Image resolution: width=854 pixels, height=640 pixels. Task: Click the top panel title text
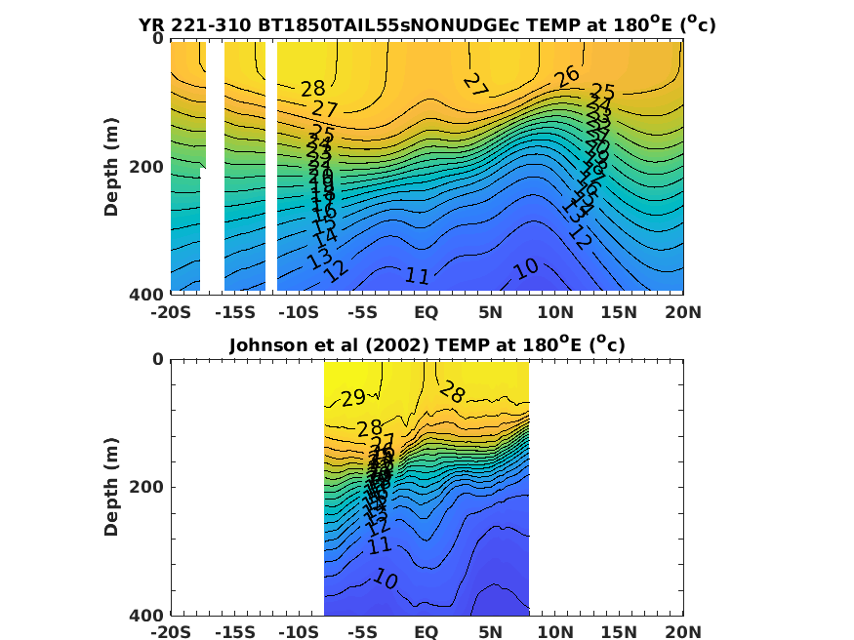(x=427, y=25)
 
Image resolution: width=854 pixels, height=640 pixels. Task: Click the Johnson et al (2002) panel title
(x=427, y=344)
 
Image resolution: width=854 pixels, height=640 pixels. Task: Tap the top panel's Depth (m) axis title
(x=111, y=168)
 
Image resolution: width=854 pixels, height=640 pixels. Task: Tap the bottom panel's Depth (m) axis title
(x=111, y=487)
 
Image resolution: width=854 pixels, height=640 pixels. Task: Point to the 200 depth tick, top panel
(x=148, y=167)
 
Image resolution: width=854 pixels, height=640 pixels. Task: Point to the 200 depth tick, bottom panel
(x=148, y=487)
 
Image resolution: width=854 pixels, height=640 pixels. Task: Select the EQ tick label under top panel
(x=427, y=312)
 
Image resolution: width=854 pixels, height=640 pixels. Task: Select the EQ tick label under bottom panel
(x=427, y=632)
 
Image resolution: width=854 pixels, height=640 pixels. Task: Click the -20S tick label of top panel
(x=171, y=312)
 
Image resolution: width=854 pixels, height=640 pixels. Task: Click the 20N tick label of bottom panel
(x=682, y=632)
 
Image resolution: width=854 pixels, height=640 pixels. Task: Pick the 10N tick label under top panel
(x=554, y=312)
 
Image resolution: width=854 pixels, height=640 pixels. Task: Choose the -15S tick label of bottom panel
(x=235, y=632)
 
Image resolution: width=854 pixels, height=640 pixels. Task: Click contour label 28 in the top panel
(x=312, y=90)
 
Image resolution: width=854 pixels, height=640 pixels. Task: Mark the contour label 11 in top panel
(x=417, y=276)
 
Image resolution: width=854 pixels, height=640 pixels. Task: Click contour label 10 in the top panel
(x=526, y=268)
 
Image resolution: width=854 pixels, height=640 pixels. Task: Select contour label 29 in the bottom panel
(x=352, y=398)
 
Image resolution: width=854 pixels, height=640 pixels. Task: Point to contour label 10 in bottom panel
(x=386, y=580)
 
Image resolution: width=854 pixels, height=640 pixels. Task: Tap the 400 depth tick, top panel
(x=148, y=294)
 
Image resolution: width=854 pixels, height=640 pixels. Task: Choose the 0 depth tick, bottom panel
(x=157, y=360)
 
